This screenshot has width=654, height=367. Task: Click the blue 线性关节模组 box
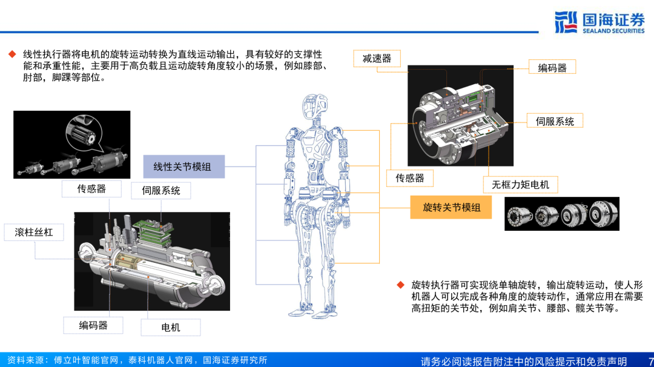[183, 167]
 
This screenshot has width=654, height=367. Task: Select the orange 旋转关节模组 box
[451, 208]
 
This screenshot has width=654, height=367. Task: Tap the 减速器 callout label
[377, 58]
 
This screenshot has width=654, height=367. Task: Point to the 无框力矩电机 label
[520, 184]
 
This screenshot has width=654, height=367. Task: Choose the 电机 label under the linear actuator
[171, 328]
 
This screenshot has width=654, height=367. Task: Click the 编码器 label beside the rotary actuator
[552, 67]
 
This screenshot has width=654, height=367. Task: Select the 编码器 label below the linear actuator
[93, 325]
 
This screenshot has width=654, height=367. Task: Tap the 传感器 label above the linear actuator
[91, 189]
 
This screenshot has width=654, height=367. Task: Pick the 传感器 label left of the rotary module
[410, 177]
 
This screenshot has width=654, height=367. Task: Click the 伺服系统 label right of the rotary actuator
[554, 121]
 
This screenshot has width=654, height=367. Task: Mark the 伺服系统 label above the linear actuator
[161, 191]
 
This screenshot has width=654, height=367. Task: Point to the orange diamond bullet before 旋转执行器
[400, 285]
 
